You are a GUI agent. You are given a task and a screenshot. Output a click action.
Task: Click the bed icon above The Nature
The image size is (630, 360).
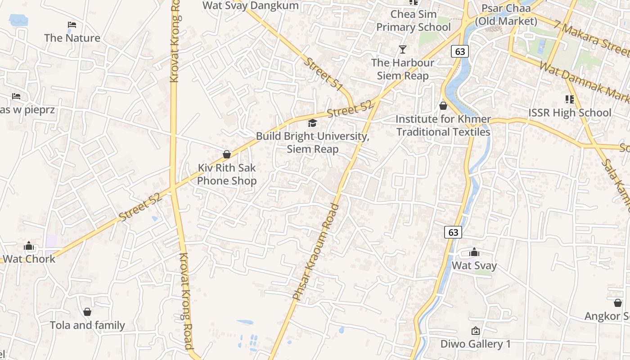point(72,24)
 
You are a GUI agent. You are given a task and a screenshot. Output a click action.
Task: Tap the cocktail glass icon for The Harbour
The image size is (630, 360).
point(403,49)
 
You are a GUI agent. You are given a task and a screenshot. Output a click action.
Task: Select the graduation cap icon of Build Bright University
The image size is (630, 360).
point(312,123)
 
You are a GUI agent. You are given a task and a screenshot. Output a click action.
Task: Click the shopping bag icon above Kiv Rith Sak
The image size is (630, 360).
point(227,155)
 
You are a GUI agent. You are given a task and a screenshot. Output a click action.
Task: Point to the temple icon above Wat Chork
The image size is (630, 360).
point(29,246)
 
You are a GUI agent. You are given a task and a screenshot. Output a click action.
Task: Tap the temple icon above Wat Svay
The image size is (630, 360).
point(474,252)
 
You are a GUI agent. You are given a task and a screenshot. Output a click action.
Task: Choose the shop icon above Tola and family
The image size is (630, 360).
point(87,312)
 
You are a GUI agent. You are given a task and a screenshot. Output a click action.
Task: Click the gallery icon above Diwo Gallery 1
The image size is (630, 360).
point(475,331)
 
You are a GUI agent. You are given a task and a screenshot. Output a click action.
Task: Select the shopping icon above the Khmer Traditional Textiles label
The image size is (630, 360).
point(443,106)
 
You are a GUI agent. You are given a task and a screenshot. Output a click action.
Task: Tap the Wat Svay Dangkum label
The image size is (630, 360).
point(251,5)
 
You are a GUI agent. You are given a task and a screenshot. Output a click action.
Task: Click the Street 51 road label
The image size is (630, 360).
point(324,73)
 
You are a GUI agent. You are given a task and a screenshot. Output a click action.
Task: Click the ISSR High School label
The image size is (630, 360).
point(570,112)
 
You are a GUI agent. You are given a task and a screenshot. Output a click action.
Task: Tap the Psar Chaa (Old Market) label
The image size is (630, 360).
point(506,14)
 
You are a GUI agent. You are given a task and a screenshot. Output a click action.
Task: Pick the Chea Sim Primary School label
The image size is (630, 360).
point(414,21)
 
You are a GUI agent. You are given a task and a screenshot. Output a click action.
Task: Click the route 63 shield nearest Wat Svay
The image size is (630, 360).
point(453,232)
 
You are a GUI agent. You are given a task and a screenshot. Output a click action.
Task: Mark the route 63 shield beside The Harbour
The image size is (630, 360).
point(460,51)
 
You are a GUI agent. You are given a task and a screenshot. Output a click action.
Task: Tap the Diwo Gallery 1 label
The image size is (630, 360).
point(476,344)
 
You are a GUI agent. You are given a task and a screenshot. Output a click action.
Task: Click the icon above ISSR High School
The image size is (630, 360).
point(570,99)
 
